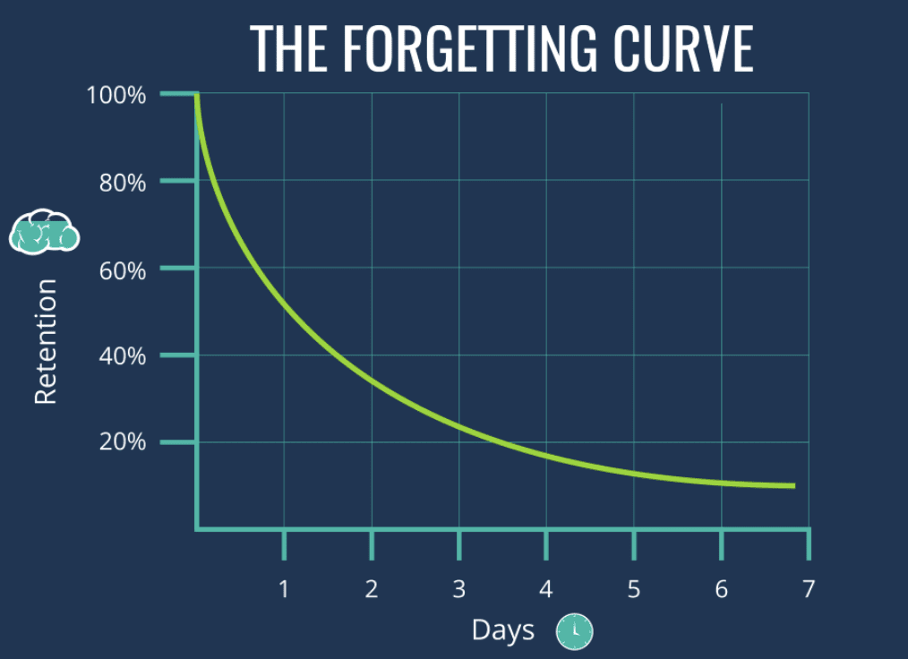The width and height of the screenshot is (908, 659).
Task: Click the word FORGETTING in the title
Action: [x=470, y=48]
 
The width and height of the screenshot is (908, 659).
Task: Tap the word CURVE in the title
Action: [x=683, y=48]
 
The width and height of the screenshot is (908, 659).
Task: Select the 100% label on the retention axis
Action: [x=116, y=95]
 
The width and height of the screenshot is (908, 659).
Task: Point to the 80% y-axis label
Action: [x=122, y=183]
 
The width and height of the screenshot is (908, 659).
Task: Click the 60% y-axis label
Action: [x=122, y=270]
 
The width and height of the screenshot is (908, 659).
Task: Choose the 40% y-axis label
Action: [x=122, y=355]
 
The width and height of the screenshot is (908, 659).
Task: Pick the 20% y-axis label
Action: [x=122, y=441]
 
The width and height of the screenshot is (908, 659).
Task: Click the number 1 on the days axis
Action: [x=284, y=589]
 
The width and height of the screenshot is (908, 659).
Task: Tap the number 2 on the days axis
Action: [x=372, y=589]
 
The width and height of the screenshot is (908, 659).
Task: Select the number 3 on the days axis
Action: [x=459, y=589]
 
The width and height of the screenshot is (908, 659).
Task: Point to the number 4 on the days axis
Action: [x=546, y=589]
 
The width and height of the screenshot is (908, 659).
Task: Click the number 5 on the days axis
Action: [x=634, y=589]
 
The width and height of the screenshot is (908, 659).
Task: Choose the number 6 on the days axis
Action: [x=722, y=589]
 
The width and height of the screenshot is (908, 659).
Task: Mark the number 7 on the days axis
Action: [x=809, y=589]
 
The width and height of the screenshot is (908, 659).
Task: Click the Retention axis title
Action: [x=46, y=341]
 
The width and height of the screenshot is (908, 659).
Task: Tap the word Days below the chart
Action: [x=503, y=630]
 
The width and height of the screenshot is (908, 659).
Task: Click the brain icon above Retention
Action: [x=44, y=232]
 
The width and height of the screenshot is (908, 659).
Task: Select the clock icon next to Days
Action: [x=575, y=631]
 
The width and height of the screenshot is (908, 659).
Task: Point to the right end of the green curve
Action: [x=794, y=486]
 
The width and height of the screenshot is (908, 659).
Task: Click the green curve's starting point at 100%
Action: [x=197, y=94]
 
